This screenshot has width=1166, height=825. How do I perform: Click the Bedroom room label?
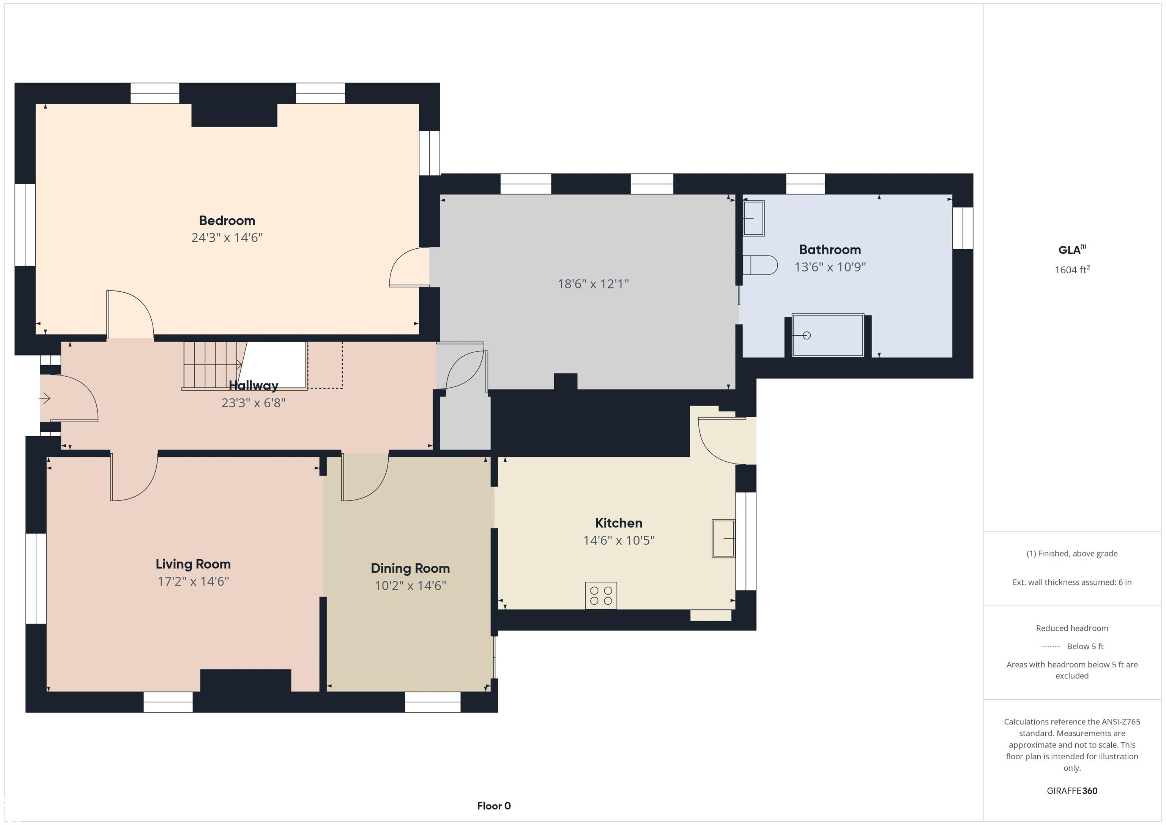(227, 221)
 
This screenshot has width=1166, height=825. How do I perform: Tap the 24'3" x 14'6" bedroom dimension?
(227, 238)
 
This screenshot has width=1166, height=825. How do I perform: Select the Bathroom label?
(830, 249)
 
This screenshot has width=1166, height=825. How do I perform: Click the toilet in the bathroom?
(760, 265)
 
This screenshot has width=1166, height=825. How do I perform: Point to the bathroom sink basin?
(754, 218)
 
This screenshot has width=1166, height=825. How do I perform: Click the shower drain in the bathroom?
(807, 335)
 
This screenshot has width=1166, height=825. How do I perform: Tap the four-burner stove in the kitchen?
(601, 595)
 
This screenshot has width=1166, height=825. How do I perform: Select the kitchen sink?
(723, 538)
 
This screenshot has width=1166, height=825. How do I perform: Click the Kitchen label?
(619, 523)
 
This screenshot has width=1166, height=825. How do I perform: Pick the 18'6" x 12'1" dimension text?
(593, 284)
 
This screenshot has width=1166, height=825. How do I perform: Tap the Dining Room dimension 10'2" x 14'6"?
(410, 586)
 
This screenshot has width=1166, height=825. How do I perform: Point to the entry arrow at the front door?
(45, 398)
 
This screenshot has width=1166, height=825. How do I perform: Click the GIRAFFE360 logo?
(1072, 791)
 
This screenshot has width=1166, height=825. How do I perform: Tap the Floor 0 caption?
(494, 806)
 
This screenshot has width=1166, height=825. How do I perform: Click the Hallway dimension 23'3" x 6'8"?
(254, 403)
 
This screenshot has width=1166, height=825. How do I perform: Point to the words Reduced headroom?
(1072, 628)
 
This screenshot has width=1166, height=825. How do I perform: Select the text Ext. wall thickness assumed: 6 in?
(1072, 582)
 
